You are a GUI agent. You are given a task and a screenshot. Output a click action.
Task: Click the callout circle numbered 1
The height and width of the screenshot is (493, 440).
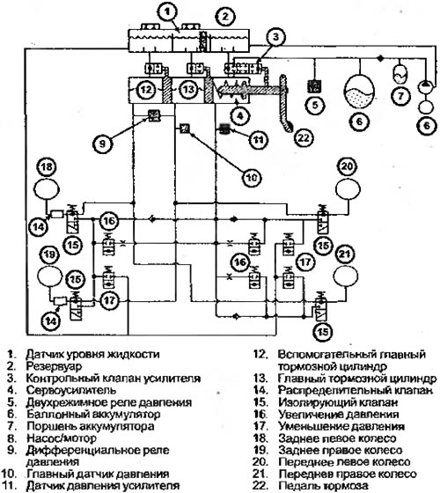(167, 11)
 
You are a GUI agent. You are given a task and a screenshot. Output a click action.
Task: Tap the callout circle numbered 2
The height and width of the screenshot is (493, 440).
(225, 17)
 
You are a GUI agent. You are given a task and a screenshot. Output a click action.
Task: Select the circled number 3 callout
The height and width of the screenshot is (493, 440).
(275, 37)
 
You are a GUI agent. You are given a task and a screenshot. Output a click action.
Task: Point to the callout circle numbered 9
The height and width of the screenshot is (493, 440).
(102, 143)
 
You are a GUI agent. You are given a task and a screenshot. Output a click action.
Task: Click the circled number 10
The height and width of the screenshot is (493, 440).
(252, 178)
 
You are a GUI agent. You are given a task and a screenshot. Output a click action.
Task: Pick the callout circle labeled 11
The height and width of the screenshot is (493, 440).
(259, 140)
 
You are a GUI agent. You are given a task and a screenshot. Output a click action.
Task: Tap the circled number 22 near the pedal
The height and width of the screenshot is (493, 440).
(304, 137)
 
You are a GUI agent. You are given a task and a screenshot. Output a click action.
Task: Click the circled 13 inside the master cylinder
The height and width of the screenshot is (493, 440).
(188, 90)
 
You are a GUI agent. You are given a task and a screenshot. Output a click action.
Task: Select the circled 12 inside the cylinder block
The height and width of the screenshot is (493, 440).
(146, 90)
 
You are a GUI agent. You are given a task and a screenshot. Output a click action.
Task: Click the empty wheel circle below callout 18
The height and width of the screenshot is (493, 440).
(47, 189)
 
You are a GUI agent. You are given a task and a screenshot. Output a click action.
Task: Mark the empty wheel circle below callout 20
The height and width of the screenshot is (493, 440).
(348, 189)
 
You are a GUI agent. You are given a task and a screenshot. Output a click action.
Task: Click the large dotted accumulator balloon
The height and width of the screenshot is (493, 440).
(360, 90)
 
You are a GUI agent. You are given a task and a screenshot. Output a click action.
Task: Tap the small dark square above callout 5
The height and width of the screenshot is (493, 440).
(314, 86)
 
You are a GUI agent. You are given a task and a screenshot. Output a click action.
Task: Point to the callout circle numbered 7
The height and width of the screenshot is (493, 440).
(400, 96)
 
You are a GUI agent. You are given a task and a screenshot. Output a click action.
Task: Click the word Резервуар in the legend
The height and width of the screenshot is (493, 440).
(54, 366)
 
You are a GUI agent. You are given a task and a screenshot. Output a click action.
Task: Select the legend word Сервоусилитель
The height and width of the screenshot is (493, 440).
(71, 390)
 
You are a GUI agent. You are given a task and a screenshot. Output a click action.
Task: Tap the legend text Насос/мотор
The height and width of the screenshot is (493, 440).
(62, 438)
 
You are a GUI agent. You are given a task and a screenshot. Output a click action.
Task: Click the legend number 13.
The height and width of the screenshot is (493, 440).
(260, 379)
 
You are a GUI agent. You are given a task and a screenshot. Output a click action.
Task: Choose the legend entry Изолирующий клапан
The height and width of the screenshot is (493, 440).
(338, 402)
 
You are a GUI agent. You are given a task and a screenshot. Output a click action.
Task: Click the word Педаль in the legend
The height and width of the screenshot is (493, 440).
(297, 486)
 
